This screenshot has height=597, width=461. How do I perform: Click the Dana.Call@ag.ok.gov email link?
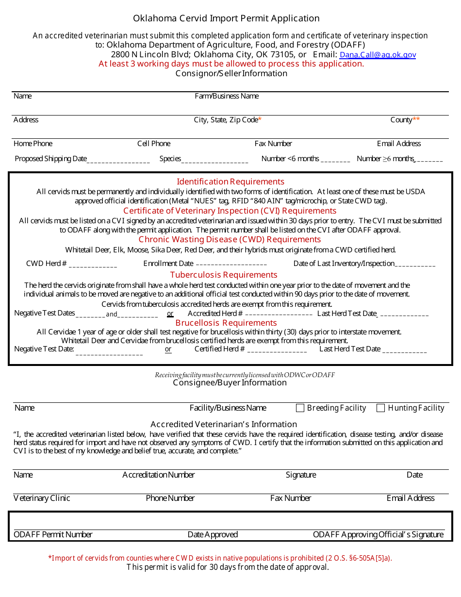point(378,55)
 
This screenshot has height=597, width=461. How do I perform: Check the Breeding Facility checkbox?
point(300,408)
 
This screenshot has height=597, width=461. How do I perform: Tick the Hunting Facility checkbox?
point(381,408)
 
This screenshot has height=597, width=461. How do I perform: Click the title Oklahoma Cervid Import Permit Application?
point(226,18)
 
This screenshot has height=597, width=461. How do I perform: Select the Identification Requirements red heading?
point(230,182)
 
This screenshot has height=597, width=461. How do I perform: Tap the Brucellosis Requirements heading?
point(226,323)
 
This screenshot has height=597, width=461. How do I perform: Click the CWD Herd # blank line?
point(93,265)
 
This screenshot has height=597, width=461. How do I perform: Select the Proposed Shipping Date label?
point(50,159)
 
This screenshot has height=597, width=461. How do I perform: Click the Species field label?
point(170,159)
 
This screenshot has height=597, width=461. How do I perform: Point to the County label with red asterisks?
point(405,120)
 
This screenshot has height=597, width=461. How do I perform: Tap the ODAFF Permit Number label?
point(53,534)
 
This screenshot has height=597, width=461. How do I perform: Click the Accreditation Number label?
point(159,475)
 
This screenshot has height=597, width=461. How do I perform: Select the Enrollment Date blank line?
point(231,265)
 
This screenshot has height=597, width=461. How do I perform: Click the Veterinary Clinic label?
point(42,498)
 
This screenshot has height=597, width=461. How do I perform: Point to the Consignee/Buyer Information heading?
point(230,382)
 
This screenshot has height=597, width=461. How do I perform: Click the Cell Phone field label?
point(154,144)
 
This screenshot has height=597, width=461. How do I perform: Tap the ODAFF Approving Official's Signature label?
point(378,534)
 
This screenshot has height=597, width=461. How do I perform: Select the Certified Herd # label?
point(219,349)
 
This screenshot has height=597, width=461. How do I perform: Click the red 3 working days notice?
point(231,64)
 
